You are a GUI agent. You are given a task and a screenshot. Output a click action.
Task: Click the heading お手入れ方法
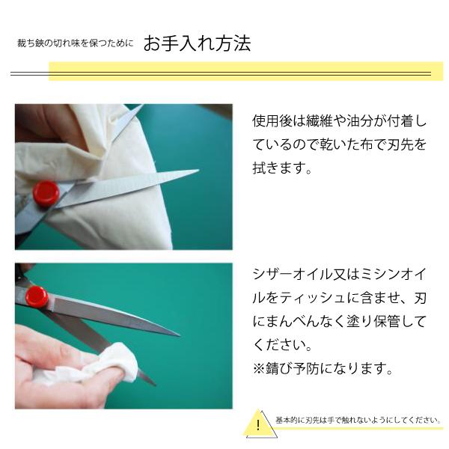[x=197, y=43]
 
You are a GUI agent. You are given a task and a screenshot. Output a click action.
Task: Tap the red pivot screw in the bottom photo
[x=36, y=297]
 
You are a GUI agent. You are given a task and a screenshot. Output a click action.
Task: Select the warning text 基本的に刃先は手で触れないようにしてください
[x=358, y=421]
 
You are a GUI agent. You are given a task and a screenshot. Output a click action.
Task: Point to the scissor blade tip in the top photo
[x=196, y=173]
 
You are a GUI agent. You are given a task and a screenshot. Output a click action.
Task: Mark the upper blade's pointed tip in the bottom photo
[x=178, y=335]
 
